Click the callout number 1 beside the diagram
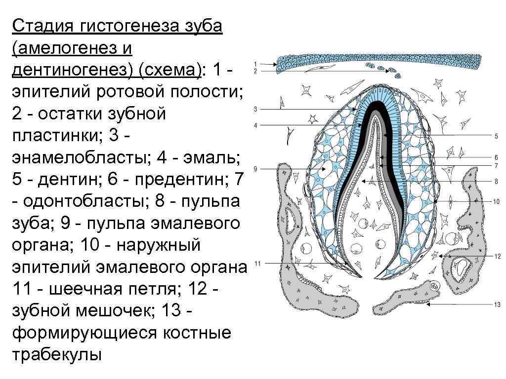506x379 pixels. click(x=255, y=64)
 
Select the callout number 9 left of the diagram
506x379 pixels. click(x=255, y=169)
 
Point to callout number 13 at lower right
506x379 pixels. click(x=497, y=304)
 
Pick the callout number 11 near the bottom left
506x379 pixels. click(x=257, y=264)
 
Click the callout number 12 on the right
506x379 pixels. click(x=497, y=256)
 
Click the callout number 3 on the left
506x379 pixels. click(x=255, y=109)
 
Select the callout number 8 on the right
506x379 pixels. click(x=496, y=182)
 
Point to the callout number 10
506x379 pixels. click(x=497, y=201)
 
